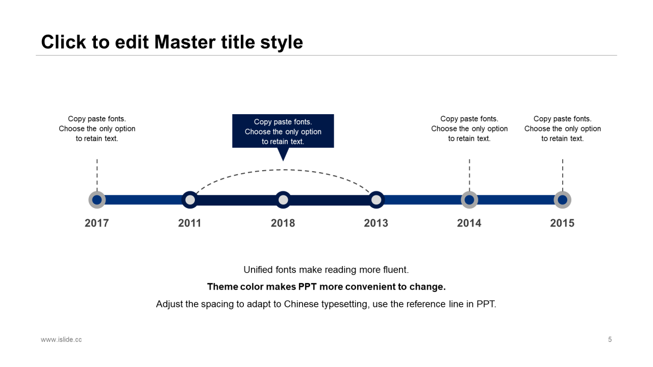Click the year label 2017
click(97, 223)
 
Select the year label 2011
click(190, 223)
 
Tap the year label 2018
click(283, 223)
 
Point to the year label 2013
click(376, 223)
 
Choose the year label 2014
click(469, 223)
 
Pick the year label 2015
click(562, 223)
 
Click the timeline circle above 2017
click(97, 200)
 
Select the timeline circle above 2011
click(190, 200)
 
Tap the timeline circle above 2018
click(283, 200)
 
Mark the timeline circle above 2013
click(376, 200)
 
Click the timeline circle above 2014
click(469, 200)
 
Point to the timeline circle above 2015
click(563, 200)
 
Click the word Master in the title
click(185, 42)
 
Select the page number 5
click(610, 339)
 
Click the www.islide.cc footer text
click(61, 339)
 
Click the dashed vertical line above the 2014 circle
click(469, 175)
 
